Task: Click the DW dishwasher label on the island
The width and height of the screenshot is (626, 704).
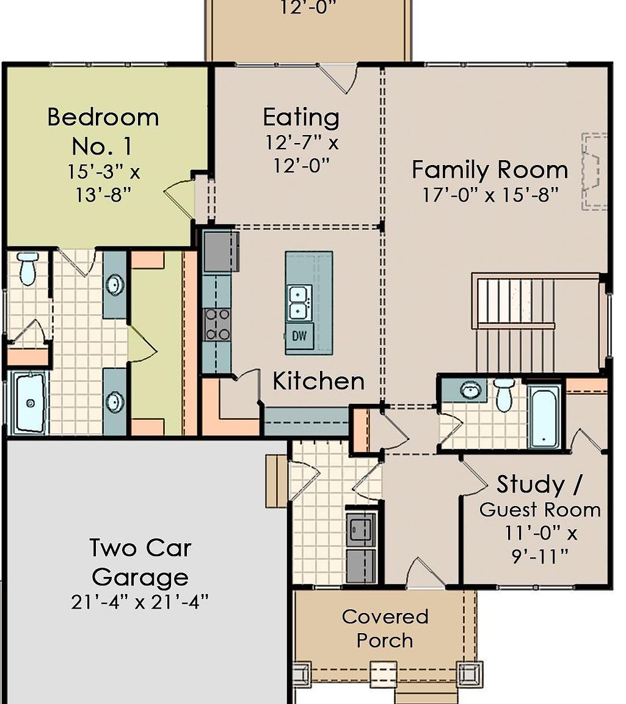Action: pos(299,335)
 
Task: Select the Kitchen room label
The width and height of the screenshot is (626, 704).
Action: pos(318,381)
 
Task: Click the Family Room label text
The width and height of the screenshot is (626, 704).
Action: pos(490,169)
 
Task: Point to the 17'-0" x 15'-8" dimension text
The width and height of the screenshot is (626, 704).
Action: pos(490,195)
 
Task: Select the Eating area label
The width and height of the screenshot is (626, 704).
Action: pos(301,117)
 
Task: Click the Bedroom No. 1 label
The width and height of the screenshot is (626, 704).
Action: pos(103,131)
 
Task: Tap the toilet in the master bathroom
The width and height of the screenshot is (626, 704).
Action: pos(28,268)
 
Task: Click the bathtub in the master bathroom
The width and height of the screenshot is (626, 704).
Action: pos(29,403)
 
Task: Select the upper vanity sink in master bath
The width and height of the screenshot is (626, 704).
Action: pos(114,285)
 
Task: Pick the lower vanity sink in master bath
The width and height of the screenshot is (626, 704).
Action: pos(114,402)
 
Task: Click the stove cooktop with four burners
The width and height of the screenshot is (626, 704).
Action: pos(217,324)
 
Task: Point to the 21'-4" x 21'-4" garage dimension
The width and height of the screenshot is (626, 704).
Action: pos(140,602)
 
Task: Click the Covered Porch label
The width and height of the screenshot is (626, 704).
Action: pos(385,628)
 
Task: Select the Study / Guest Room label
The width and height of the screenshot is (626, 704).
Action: pos(539,496)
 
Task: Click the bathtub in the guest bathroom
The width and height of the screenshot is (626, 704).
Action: pos(544,416)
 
